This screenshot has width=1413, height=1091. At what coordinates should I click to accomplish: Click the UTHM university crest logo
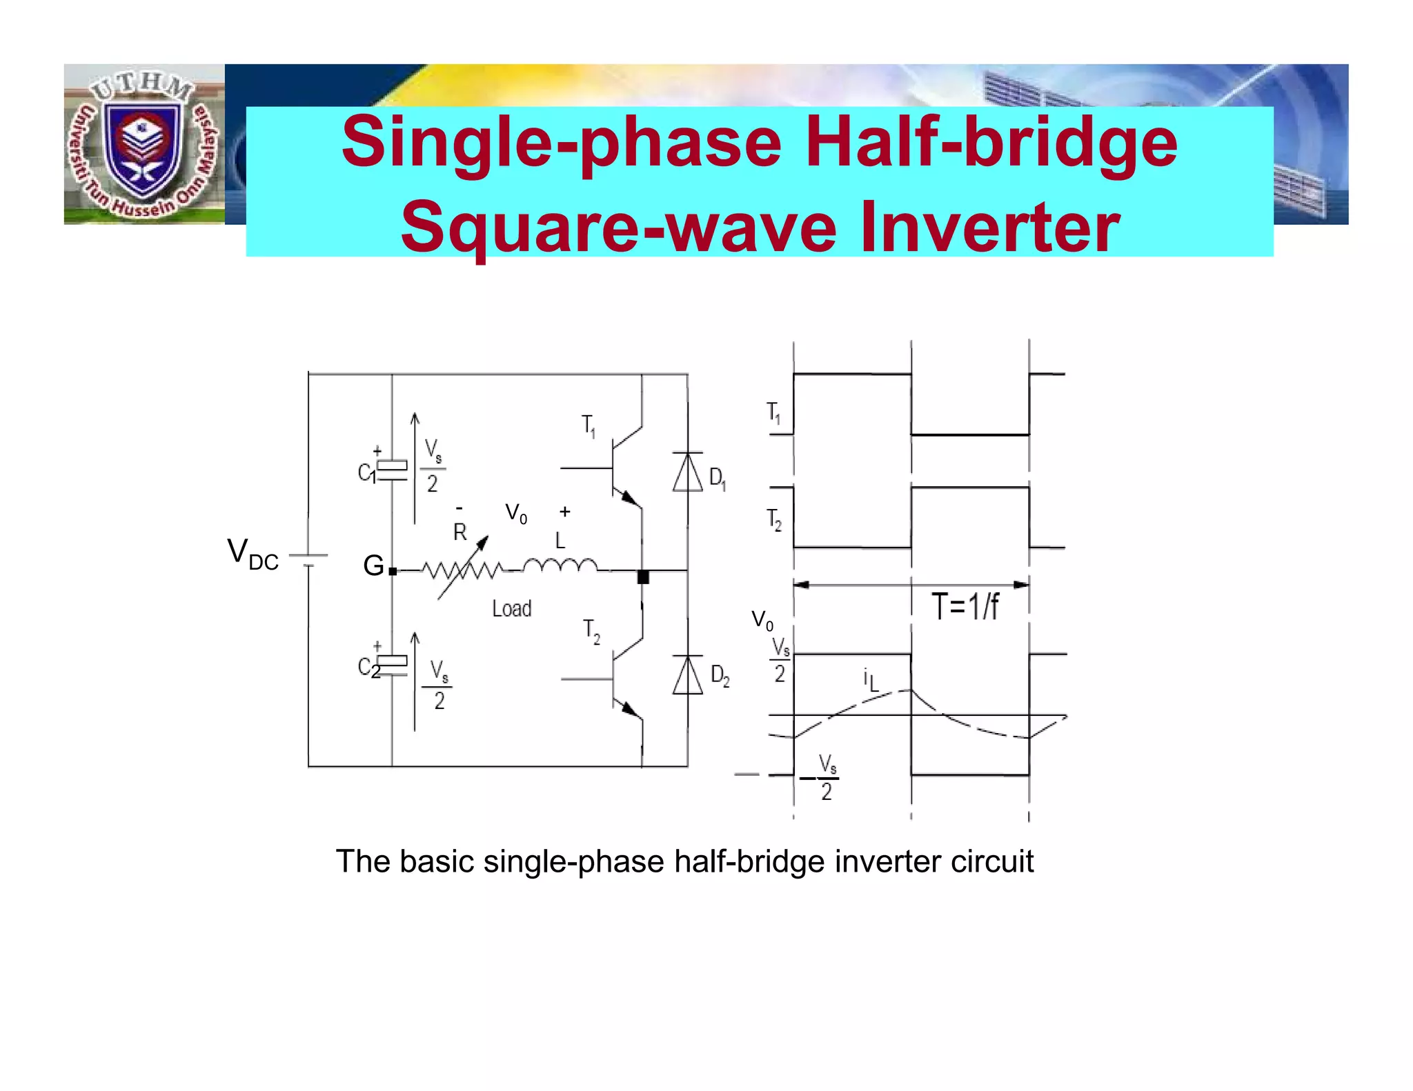(x=143, y=145)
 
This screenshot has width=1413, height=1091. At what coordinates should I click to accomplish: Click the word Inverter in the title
(x=990, y=226)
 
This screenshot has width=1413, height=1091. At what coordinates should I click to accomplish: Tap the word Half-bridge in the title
(x=991, y=142)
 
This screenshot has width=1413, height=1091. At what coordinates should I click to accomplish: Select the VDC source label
(x=253, y=554)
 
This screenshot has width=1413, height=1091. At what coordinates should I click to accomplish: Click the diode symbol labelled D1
(x=688, y=472)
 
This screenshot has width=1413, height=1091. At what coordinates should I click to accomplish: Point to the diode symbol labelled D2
(x=688, y=675)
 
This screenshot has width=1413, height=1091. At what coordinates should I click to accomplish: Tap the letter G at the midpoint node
(x=373, y=566)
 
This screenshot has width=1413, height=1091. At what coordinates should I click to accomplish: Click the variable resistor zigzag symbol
(x=463, y=570)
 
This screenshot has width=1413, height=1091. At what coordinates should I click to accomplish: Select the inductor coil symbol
(x=560, y=566)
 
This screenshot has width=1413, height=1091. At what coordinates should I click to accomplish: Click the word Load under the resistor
(x=511, y=609)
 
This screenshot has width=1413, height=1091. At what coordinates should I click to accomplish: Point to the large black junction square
(x=643, y=577)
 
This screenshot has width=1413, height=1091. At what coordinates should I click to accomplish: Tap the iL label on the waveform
(x=871, y=680)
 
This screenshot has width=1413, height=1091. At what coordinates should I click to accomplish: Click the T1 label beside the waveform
(x=774, y=413)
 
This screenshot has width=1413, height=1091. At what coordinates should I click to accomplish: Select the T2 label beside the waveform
(x=774, y=519)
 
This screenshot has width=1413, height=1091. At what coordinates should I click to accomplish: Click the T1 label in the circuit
(x=589, y=426)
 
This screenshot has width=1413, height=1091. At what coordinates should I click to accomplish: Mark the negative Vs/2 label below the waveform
(x=821, y=778)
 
